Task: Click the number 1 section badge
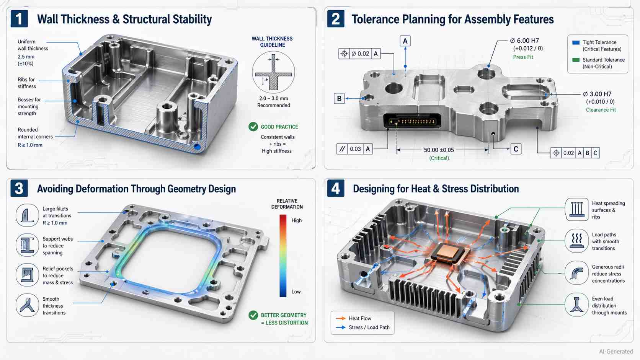click(x=19, y=19)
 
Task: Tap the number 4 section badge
click(x=336, y=189)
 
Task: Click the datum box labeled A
click(x=405, y=41)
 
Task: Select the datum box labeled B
click(x=339, y=98)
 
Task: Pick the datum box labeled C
click(x=516, y=149)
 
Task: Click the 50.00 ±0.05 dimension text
click(x=439, y=150)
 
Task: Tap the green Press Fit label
click(x=523, y=57)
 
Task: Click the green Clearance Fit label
click(x=601, y=110)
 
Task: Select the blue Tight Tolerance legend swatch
click(x=575, y=42)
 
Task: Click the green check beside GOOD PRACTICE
click(x=253, y=127)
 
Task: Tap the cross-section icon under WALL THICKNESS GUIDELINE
click(x=273, y=72)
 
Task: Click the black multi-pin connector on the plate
click(x=412, y=121)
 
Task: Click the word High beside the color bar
click(x=296, y=220)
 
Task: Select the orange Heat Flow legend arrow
click(x=341, y=318)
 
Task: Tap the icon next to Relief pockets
click(x=27, y=275)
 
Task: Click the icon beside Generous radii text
click(x=576, y=273)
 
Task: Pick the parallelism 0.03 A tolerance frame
click(x=354, y=149)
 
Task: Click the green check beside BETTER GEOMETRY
click(x=253, y=315)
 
